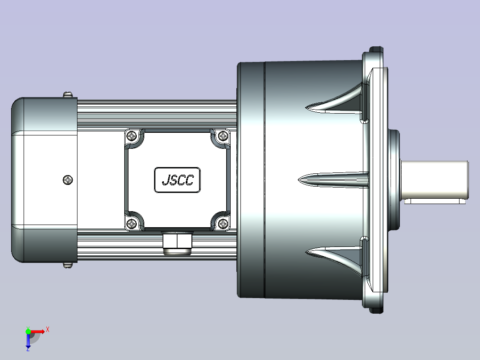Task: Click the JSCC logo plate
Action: [178, 180]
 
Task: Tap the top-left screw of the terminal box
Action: [132, 135]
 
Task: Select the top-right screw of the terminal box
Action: [223, 135]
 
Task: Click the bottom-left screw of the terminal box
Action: [132, 224]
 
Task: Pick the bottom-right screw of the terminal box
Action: [223, 224]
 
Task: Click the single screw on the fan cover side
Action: [68, 180]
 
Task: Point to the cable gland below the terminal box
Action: [177, 243]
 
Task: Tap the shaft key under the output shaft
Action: [435, 201]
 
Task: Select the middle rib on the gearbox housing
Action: [334, 180]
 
